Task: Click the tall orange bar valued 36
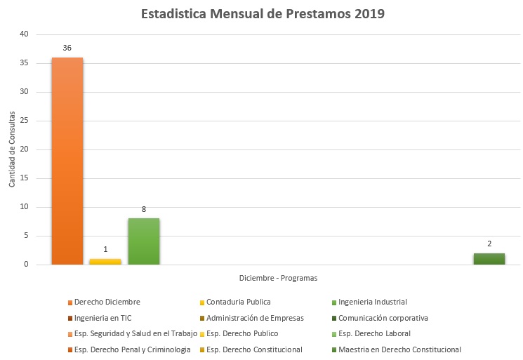click(67, 161)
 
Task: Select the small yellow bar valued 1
click(105, 261)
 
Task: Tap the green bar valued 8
click(143, 241)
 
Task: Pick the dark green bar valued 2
click(489, 258)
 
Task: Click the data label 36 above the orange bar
click(67, 48)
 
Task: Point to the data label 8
click(143, 209)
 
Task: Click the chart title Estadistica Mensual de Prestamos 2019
click(263, 14)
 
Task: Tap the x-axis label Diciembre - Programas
click(278, 278)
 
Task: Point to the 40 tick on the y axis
click(25, 34)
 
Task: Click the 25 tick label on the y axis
click(25, 121)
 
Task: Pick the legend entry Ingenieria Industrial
click(372, 302)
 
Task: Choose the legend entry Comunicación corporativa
click(383, 318)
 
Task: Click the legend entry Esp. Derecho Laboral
click(374, 333)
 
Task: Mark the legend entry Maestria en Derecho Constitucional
click(399, 349)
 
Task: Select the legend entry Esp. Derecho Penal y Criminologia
click(132, 349)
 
